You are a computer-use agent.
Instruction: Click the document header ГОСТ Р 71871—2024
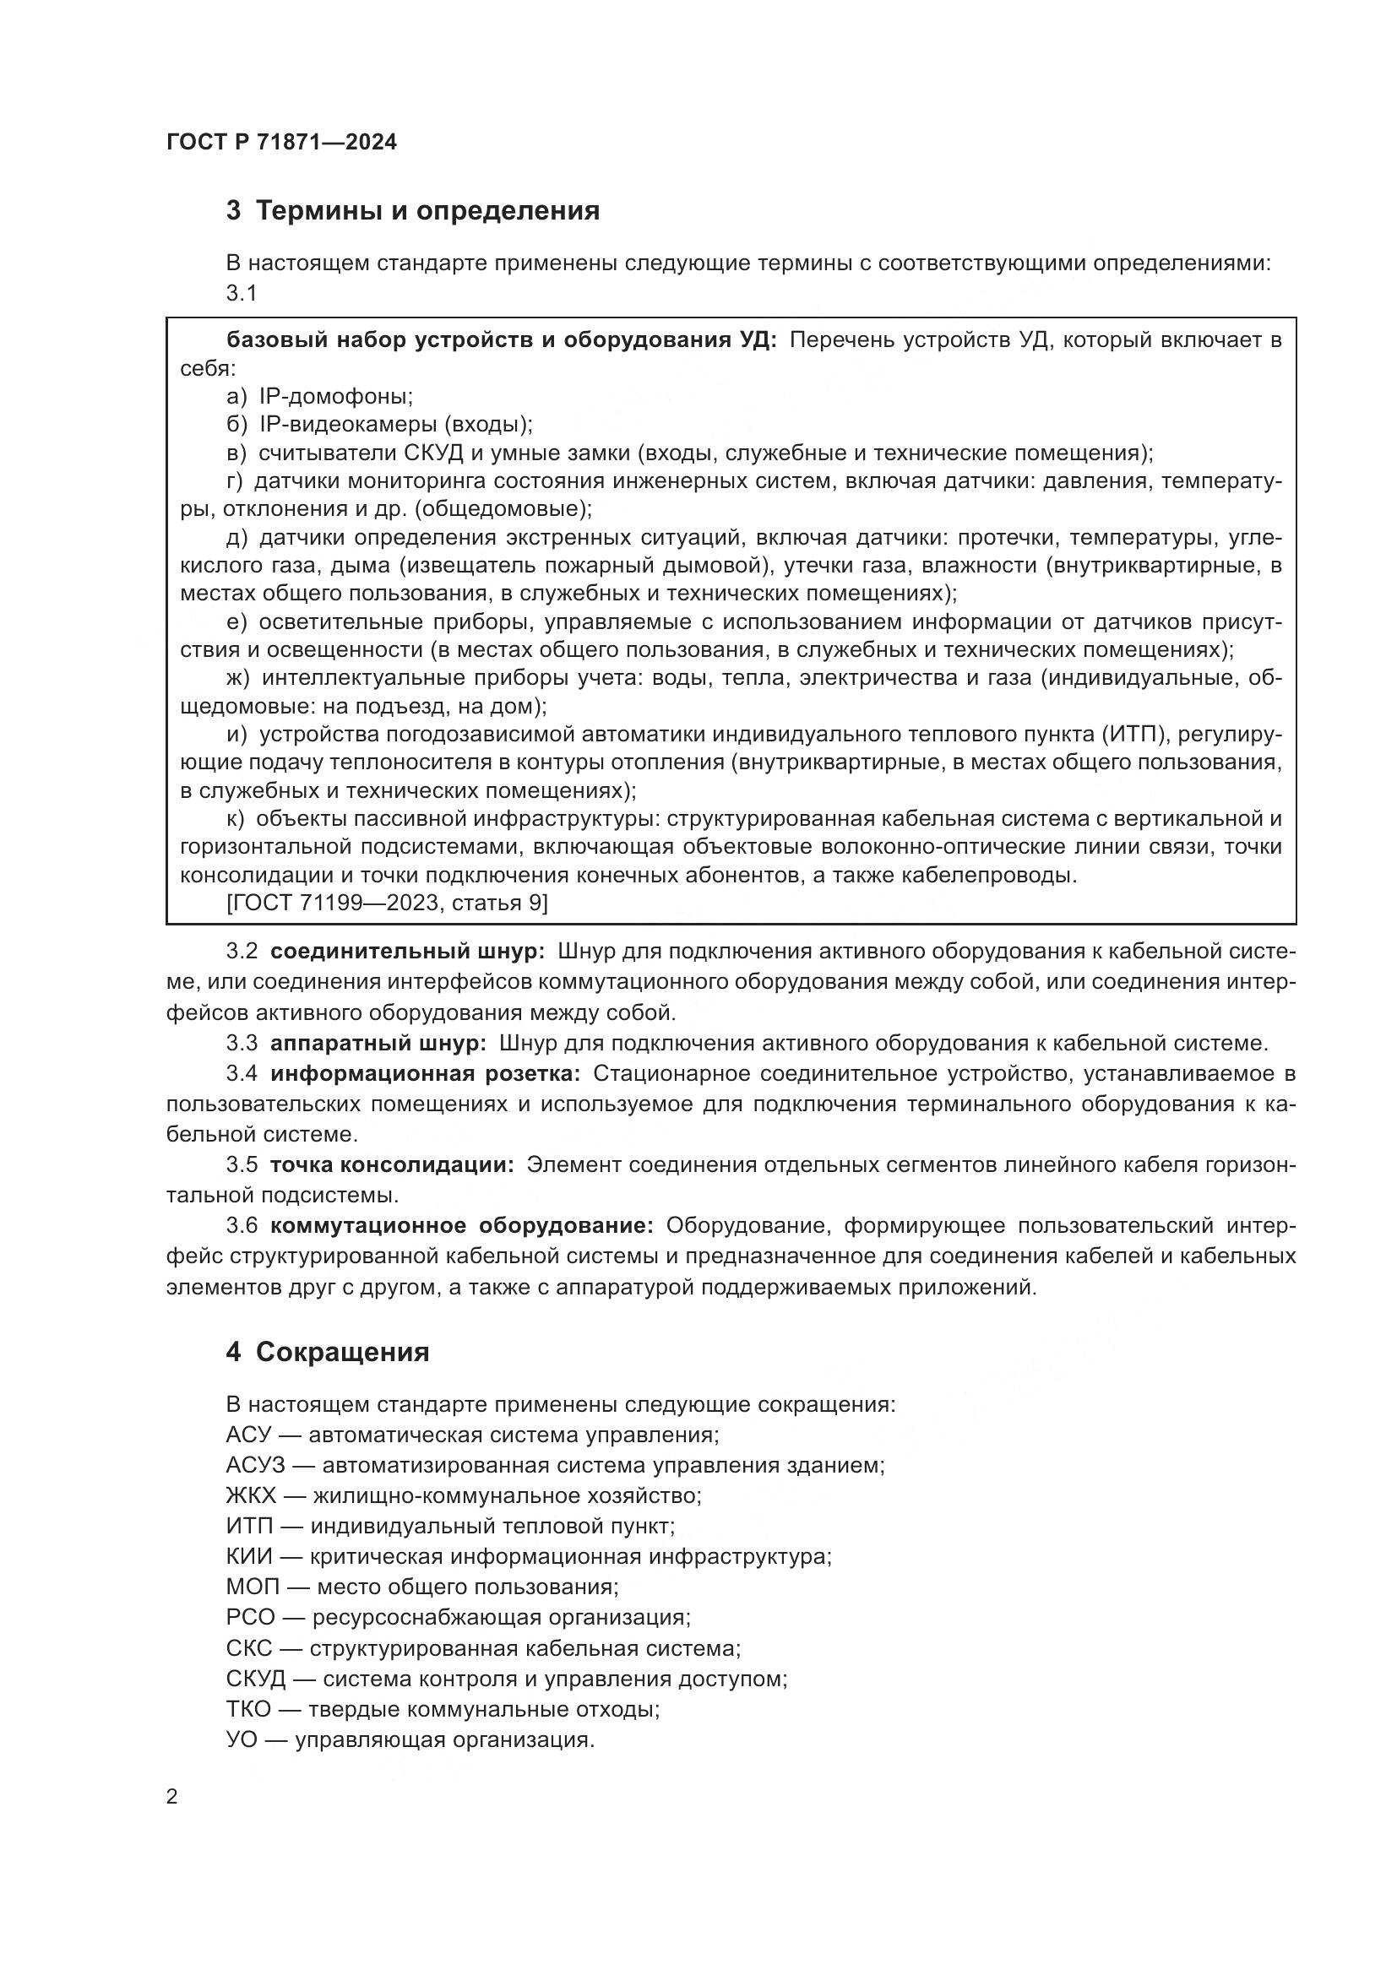281,143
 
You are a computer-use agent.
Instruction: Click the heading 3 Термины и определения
413,211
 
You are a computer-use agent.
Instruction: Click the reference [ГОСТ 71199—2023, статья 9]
387,903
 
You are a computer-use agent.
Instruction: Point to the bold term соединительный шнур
407,952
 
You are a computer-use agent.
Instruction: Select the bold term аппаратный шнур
378,1044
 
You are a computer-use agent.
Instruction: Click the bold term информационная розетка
425,1073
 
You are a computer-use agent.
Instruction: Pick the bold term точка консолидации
391,1164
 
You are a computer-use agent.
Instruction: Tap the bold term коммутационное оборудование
461,1226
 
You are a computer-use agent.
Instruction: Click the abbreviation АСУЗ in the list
255,1466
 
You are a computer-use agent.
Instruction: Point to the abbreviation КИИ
249,1557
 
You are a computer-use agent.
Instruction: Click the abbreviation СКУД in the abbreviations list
257,1679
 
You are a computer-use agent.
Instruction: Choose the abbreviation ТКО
248,1709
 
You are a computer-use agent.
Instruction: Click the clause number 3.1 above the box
242,293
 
